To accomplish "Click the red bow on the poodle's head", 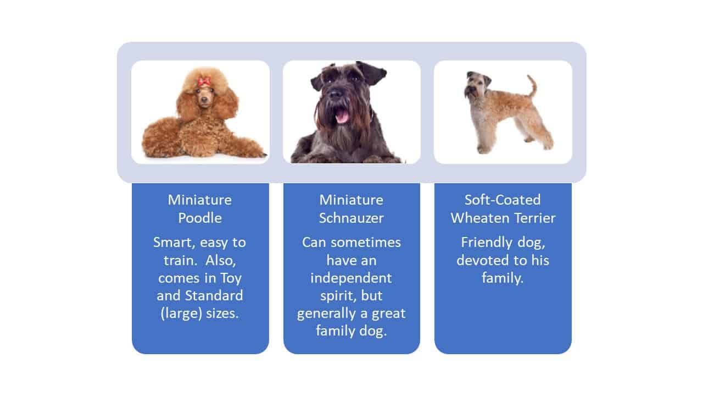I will (x=204, y=82).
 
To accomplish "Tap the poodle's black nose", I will (x=204, y=101).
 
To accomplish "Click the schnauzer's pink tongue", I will (x=341, y=116).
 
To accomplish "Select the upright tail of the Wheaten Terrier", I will (x=532, y=85).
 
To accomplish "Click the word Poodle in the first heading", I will (x=200, y=218).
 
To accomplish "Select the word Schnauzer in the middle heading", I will (x=351, y=218).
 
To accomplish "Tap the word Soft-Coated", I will (x=503, y=200).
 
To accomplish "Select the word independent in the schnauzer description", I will (x=351, y=278).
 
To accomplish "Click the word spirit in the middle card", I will (x=335, y=296).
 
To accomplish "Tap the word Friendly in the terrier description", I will (x=486, y=243).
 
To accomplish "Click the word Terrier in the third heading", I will (x=529, y=218).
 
